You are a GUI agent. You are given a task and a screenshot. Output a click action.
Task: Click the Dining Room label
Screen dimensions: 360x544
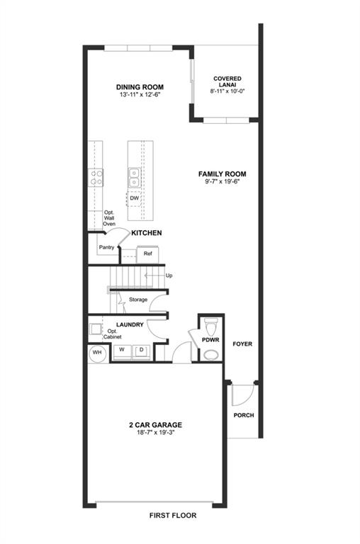(x=140, y=87)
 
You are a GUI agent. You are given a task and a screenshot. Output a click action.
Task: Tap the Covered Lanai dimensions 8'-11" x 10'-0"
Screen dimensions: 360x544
(x=227, y=91)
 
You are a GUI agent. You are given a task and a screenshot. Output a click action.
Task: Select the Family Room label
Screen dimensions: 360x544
(x=223, y=174)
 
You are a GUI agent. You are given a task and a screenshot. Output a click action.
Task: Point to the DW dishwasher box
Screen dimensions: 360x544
(x=135, y=198)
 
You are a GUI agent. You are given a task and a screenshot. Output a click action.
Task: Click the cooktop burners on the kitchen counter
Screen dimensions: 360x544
(x=96, y=177)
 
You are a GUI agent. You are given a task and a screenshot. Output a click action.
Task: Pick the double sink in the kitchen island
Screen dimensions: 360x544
(x=134, y=178)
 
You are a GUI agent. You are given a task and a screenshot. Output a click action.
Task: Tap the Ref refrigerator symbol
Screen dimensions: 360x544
(x=148, y=254)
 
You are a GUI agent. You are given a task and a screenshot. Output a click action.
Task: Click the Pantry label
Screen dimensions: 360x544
(x=106, y=247)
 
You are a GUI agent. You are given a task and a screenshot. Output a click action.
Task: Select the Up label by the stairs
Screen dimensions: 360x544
(x=169, y=276)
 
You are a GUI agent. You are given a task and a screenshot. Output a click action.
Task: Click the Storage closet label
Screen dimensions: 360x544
(x=138, y=300)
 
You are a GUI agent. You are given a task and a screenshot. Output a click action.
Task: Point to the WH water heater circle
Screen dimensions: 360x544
(x=97, y=353)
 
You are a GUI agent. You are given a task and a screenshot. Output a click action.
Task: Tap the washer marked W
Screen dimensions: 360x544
(x=122, y=351)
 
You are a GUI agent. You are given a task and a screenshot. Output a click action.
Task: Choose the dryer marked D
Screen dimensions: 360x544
(x=141, y=351)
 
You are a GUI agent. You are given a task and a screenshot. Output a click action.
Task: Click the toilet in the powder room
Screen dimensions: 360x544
(x=211, y=326)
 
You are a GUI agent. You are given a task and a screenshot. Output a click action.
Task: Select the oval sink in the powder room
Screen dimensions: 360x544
(x=211, y=355)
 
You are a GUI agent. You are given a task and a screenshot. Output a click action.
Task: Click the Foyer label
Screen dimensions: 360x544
(x=242, y=344)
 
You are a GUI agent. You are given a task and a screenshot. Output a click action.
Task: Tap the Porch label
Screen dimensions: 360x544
(x=244, y=415)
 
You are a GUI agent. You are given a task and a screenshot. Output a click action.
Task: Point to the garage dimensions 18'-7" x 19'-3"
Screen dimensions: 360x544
(x=155, y=433)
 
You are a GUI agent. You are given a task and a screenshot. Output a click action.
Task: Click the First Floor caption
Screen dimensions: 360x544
(x=173, y=516)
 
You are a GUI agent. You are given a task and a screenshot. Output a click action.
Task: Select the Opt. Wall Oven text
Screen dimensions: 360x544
(x=109, y=218)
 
